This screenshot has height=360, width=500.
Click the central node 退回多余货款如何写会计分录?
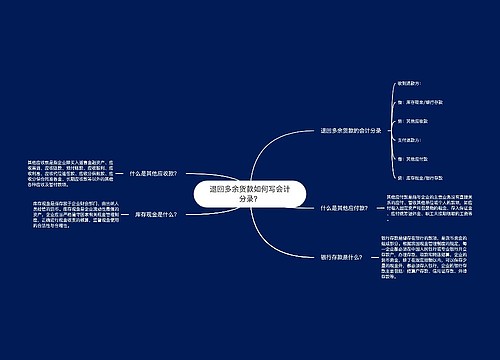coord(236,193)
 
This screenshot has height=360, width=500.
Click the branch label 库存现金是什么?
coord(156,215)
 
